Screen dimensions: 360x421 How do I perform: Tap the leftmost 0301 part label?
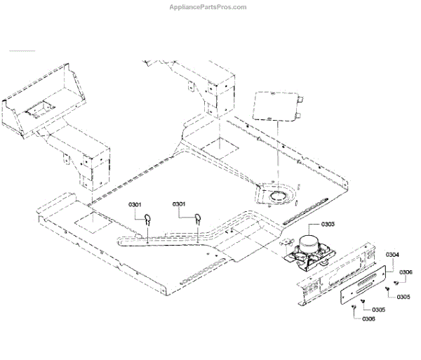(x=135, y=204)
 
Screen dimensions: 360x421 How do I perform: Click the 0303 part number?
(x=328, y=224)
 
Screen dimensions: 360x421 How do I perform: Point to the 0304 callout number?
(x=392, y=255)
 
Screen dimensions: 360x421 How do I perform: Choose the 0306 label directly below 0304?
(x=406, y=272)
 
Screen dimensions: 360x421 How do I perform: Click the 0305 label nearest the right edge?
(x=403, y=297)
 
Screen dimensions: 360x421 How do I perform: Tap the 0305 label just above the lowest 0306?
(x=378, y=309)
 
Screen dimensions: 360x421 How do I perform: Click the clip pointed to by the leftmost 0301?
(x=149, y=219)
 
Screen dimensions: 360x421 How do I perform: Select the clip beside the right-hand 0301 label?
(x=199, y=218)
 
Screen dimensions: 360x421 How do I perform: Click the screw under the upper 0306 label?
(x=397, y=283)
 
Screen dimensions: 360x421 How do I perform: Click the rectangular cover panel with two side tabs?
(x=276, y=105)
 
